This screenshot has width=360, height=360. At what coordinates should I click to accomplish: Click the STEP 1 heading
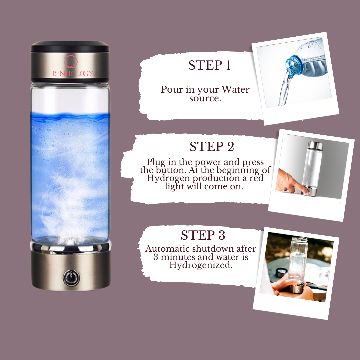209,65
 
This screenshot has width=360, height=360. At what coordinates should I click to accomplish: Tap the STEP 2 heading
212,146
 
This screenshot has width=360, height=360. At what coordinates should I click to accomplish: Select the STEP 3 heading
203,235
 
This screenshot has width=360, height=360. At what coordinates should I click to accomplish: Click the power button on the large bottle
71,278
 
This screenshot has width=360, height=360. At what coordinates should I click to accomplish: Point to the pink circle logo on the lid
71,62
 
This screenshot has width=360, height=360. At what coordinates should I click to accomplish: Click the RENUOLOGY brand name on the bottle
73,73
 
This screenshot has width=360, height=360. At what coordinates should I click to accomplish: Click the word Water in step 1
236,89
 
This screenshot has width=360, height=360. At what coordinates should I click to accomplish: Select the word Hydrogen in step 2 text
168,178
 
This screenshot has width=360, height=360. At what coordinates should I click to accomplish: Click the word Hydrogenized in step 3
201,265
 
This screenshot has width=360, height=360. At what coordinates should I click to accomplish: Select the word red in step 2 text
257,178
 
